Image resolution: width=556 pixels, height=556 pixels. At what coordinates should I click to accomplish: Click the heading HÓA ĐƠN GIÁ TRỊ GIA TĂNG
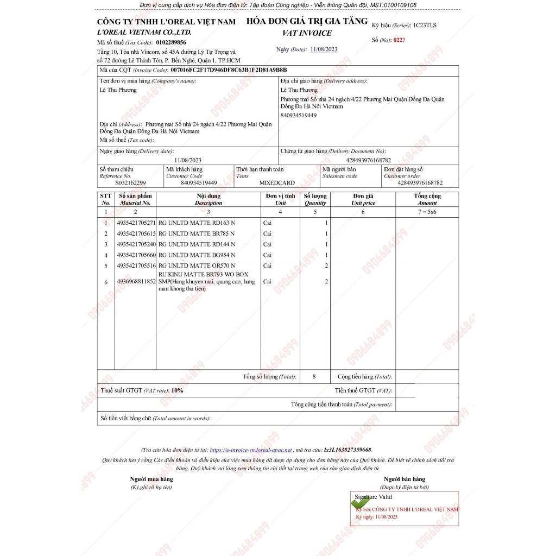306,22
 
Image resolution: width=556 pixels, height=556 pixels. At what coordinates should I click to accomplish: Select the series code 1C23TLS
425,26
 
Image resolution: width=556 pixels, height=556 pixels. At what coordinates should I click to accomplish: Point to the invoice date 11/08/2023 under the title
324,49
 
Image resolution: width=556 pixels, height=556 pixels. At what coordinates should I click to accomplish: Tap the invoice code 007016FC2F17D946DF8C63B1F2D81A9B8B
229,70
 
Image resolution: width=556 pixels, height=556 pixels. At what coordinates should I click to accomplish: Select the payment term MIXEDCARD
277,183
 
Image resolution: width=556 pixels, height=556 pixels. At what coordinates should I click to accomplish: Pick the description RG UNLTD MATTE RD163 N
197,223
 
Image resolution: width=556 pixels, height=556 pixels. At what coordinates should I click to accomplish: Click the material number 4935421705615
136,233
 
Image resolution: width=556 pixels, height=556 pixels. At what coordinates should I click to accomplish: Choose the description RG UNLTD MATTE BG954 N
197,255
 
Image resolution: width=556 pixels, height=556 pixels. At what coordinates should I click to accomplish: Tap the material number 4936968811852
136,282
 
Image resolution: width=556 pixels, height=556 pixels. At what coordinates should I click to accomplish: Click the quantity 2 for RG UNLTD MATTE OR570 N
326,266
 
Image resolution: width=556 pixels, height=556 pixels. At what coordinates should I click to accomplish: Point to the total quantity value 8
314,376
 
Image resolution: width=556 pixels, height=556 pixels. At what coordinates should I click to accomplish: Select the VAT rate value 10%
178,390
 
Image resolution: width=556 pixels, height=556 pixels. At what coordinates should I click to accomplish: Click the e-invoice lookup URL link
251,450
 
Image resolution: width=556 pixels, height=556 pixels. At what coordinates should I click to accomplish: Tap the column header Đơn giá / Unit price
363,199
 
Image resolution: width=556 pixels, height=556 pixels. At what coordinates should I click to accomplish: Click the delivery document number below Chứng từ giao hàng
368,160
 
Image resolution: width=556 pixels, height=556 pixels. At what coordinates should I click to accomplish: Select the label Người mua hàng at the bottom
151,479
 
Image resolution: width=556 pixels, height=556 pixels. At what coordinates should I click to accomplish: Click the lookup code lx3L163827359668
347,450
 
